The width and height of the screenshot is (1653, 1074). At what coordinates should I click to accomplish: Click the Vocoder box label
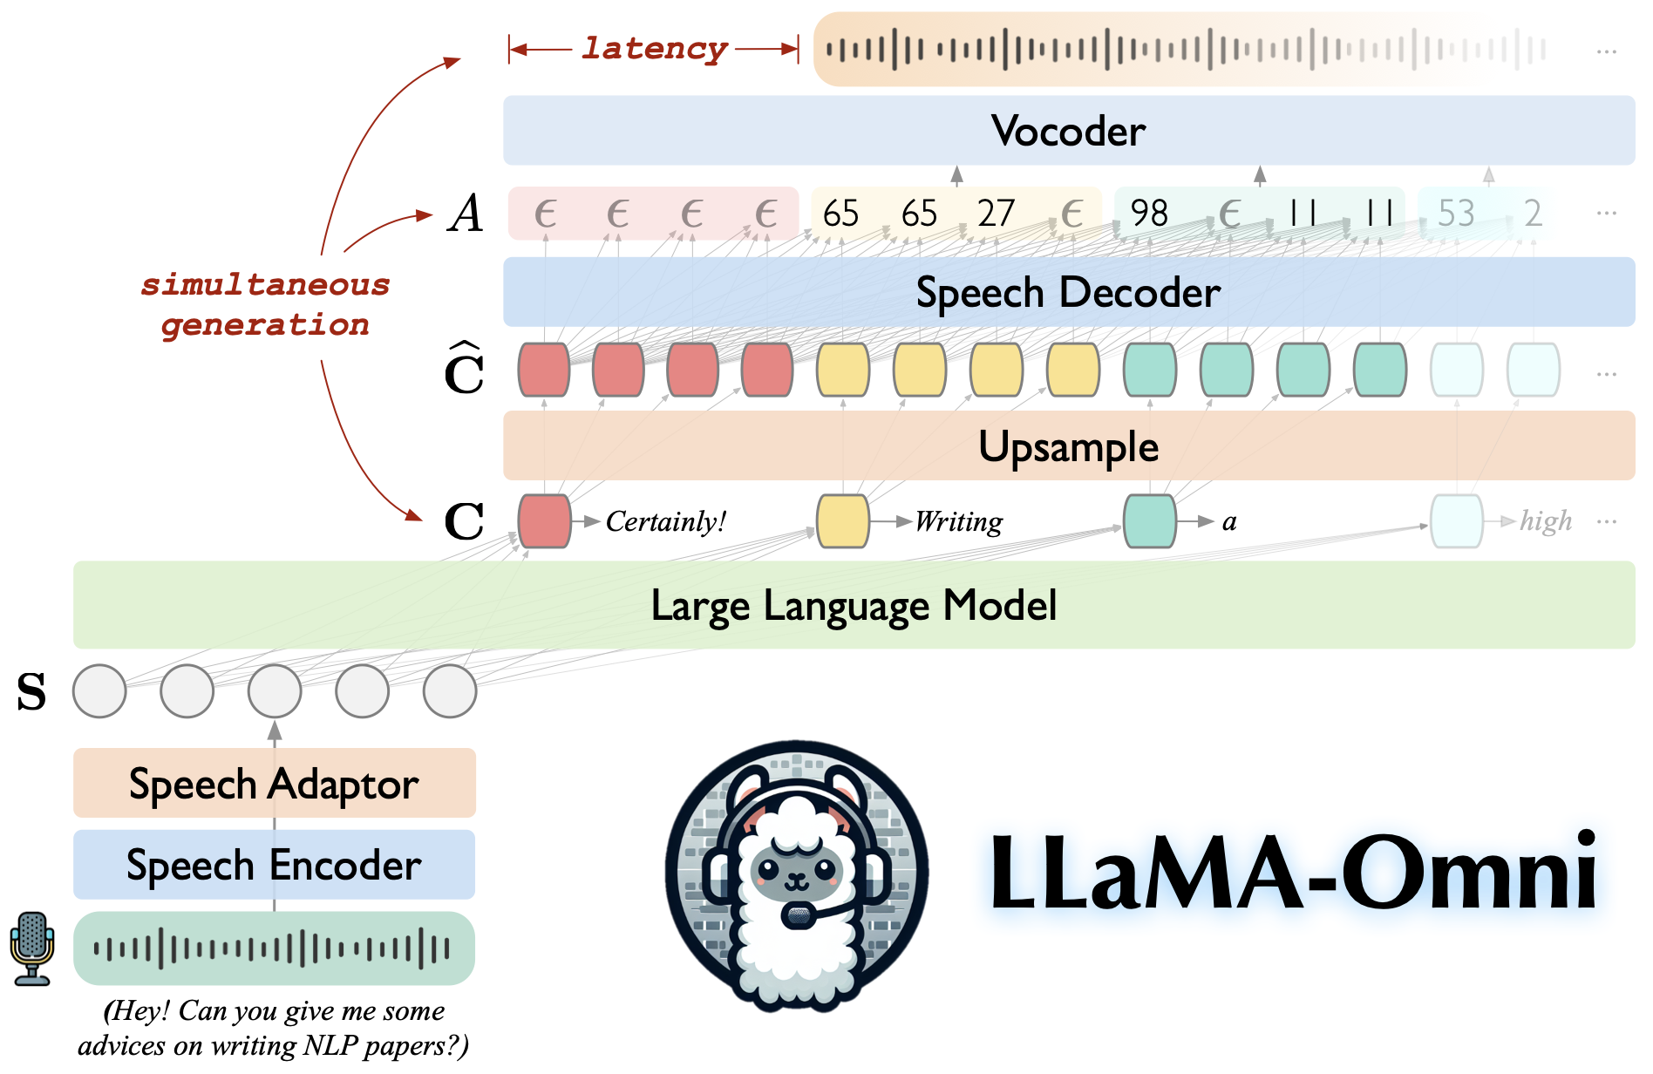point(1068,131)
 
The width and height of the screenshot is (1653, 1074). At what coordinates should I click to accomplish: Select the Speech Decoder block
point(1068,292)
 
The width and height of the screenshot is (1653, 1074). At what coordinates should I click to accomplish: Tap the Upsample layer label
point(1068,446)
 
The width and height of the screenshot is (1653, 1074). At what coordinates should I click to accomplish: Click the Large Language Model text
point(854,605)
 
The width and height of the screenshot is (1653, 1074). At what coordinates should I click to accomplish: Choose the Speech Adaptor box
point(274,784)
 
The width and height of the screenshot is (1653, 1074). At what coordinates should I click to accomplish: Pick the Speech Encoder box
point(274,865)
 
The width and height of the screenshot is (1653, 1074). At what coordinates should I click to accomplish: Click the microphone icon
point(32,948)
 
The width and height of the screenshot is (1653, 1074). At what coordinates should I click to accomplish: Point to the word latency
point(654,48)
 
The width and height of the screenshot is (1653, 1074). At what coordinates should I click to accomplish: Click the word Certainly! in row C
point(666,521)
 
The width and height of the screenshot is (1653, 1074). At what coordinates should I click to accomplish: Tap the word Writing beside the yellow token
point(959,521)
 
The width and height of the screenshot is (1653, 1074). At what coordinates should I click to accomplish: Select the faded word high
point(1546,521)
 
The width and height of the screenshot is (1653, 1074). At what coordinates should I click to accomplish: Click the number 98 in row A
point(1149,214)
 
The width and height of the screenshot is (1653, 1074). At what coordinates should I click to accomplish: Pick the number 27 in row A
point(996,214)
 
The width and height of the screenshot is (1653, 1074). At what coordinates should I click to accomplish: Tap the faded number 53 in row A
point(1456,214)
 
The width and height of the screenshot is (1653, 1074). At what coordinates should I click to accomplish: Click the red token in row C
point(544,521)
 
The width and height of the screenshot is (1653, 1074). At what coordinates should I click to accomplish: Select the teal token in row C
point(1150,521)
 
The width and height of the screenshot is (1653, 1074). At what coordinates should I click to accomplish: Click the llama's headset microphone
point(798,916)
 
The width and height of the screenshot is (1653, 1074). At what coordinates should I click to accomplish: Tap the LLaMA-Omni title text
point(1293,872)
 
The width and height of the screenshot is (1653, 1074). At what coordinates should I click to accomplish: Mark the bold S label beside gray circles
point(31,692)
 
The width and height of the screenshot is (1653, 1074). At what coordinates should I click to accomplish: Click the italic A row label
point(466,214)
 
